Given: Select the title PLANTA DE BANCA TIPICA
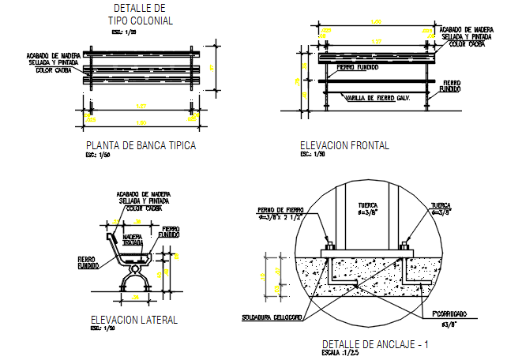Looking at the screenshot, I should (x=140, y=146).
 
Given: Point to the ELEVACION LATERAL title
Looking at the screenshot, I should (x=134, y=320).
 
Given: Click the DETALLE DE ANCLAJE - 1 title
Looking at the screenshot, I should (x=375, y=344).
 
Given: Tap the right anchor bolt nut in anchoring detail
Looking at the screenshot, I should (x=404, y=244).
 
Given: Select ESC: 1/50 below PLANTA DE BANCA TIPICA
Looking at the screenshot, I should (x=95, y=155).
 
